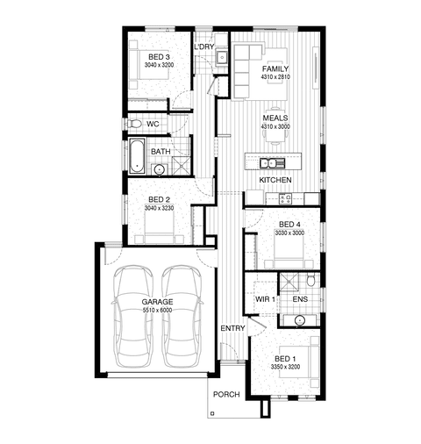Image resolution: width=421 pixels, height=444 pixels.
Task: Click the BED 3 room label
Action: pyautogui.click(x=159, y=57)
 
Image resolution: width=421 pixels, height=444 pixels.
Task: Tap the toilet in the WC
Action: pyautogui.click(x=133, y=124)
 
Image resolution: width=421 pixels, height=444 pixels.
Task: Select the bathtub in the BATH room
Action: pyautogui.click(x=137, y=156)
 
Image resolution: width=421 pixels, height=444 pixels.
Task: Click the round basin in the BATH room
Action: pyautogui.click(x=159, y=169)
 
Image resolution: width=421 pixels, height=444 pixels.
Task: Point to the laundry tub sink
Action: pyautogui.click(x=222, y=56)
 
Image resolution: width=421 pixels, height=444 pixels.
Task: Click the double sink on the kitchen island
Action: pyautogui.click(x=272, y=163)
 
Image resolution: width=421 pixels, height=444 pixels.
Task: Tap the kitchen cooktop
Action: pyautogui.click(x=285, y=199)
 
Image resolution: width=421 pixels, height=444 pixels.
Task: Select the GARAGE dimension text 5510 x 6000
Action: pyautogui.click(x=157, y=310)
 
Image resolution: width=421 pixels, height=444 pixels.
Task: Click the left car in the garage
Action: pyautogui.click(x=133, y=316)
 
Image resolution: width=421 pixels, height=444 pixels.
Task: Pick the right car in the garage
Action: pyautogui.click(x=182, y=316)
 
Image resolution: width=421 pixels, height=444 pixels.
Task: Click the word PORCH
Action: pyautogui.click(x=226, y=395)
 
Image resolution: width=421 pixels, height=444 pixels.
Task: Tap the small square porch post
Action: pyautogui.click(x=212, y=413)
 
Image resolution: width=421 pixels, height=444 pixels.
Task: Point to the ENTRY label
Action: pyautogui.click(x=232, y=328)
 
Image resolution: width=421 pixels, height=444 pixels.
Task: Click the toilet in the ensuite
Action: pyautogui.click(x=310, y=280)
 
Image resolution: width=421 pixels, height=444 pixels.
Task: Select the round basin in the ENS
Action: pyautogui.click(x=300, y=320)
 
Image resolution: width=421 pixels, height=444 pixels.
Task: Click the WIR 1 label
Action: pyautogui.click(x=265, y=299)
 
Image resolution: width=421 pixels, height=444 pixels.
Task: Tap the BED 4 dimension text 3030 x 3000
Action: pyautogui.click(x=289, y=233)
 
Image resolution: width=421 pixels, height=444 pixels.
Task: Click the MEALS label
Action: pyautogui.click(x=275, y=118)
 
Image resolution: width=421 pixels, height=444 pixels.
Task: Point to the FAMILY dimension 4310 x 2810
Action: pyautogui.click(x=275, y=77)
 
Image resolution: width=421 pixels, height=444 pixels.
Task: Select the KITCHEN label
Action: pyautogui.click(x=275, y=180)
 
